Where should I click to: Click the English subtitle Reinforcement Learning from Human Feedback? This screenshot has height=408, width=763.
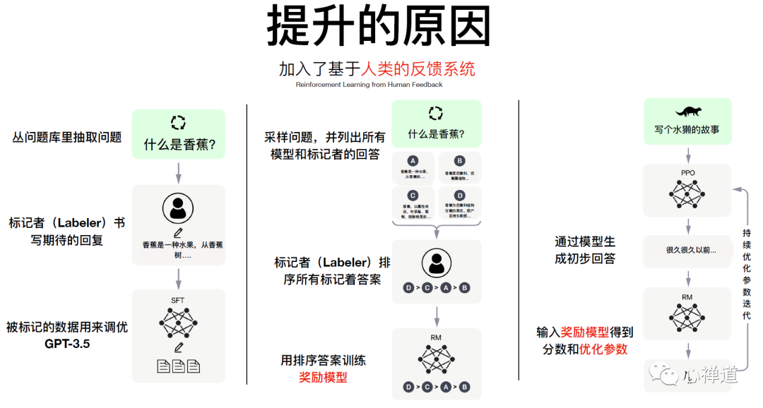click(x=369, y=85)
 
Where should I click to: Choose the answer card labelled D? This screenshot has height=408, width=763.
click(x=459, y=203)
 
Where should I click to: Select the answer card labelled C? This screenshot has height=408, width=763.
click(x=413, y=203)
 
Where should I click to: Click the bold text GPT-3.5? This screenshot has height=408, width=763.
click(x=67, y=344)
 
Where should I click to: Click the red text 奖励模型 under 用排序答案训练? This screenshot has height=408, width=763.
click(x=323, y=378)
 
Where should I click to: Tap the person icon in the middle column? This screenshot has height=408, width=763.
click(x=436, y=263)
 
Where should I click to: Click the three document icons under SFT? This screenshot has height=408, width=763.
click(x=178, y=366)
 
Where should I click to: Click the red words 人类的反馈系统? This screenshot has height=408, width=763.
click(x=418, y=68)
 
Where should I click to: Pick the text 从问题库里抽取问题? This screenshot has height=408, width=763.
click(x=67, y=137)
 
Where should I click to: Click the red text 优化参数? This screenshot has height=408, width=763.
click(x=603, y=349)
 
